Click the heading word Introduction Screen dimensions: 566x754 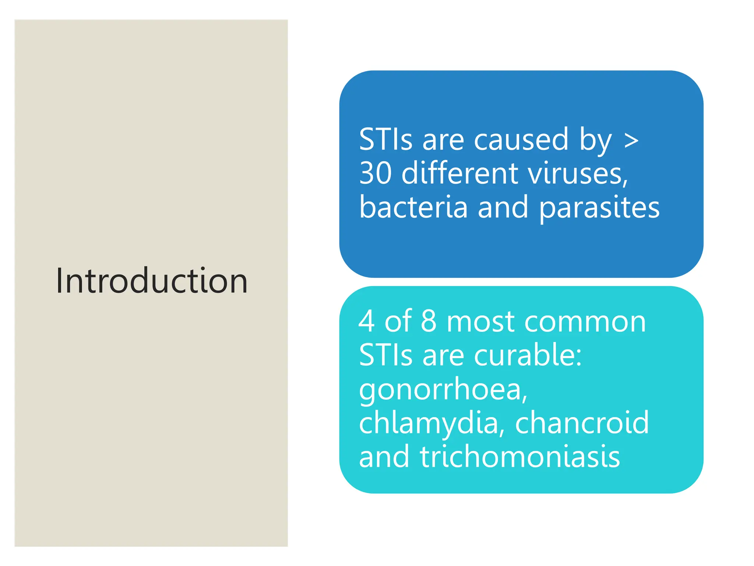tap(152, 281)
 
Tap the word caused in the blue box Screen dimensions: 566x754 tap(521, 140)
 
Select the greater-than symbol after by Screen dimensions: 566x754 tap(631, 140)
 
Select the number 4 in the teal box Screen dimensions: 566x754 tap(367, 321)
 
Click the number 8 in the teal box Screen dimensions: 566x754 tap(428, 321)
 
